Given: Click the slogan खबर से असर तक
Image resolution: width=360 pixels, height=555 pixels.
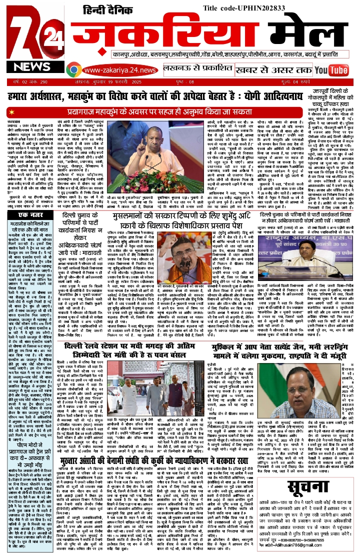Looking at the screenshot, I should point(270,69).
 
